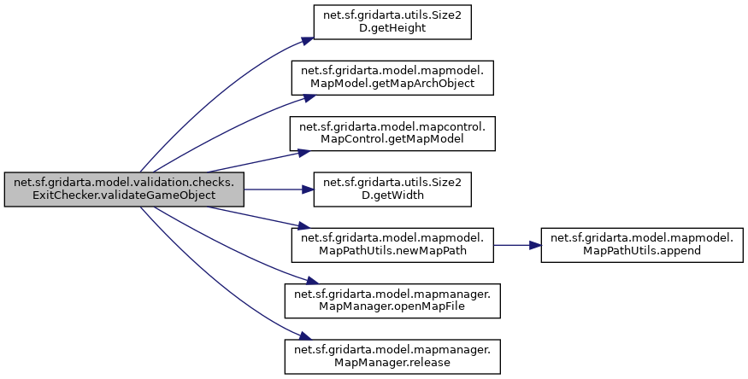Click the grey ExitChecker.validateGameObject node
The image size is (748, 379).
pyautogui.click(x=124, y=189)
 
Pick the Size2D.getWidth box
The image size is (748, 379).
pyautogui.click(x=392, y=189)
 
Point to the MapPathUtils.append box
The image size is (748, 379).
pyautogui.click(x=641, y=244)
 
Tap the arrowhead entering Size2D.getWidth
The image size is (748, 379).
pyautogui.click(x=308, y=189)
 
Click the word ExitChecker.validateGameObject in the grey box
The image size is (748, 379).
pyautogui.click(x=124, y=195)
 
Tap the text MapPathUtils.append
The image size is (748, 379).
pyautogui.click(x=641, y=251)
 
